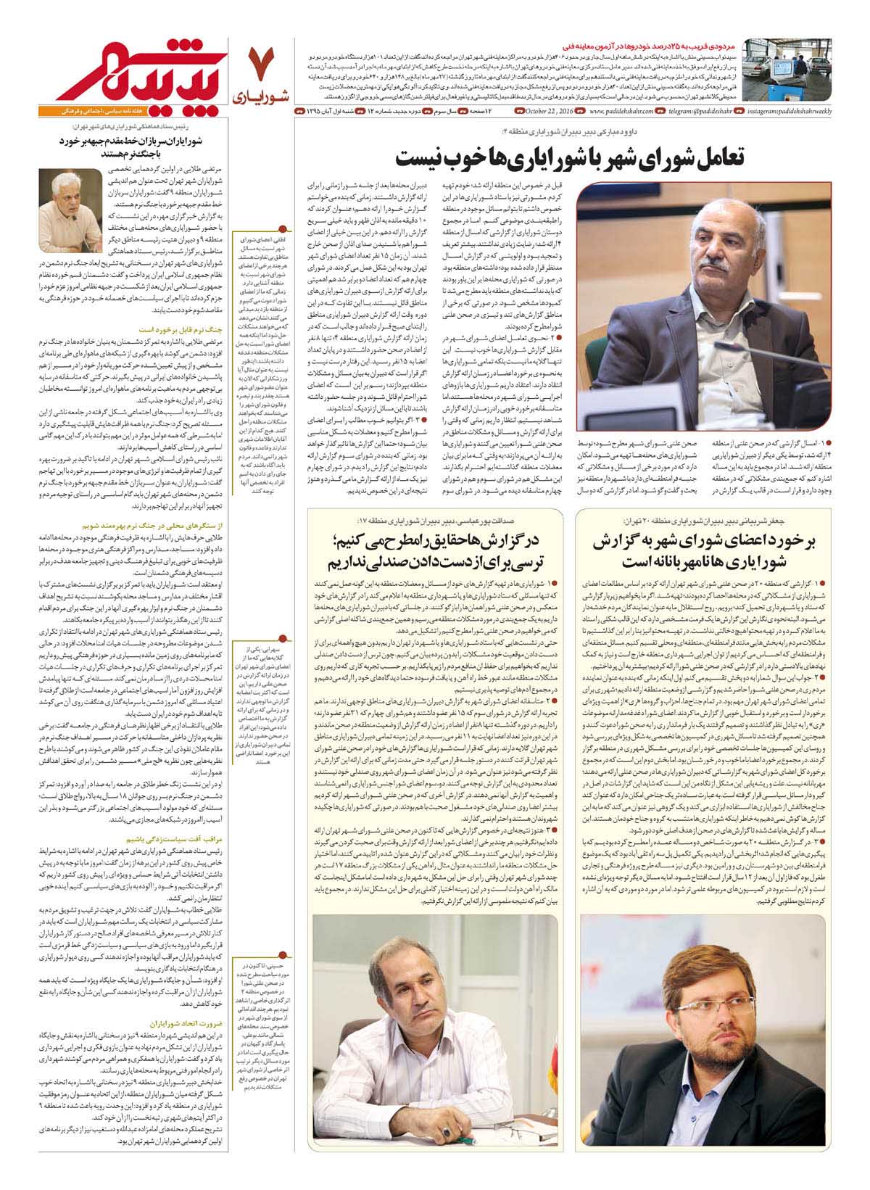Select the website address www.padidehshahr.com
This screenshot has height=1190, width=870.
coord(620,111)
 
